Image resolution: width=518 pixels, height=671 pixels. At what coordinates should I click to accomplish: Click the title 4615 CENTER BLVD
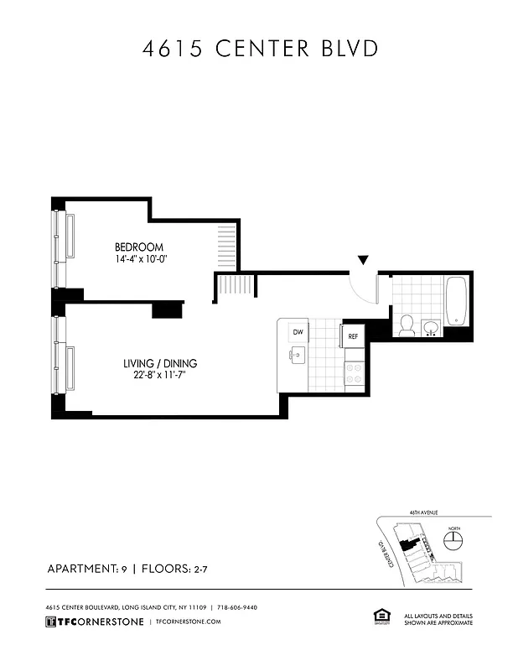click(259, 49)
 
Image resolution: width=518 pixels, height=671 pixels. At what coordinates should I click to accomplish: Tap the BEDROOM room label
click(138, 247)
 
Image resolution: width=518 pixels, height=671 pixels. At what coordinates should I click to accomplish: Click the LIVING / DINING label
click(159, 363)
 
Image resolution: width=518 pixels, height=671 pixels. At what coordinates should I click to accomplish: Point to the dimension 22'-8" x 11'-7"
click(159, 376)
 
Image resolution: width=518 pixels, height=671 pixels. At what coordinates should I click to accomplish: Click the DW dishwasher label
click(297, 333)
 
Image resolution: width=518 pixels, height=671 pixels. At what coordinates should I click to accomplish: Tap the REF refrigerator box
click(353, 336)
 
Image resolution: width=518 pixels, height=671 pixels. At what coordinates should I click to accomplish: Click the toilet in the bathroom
click(406, 325)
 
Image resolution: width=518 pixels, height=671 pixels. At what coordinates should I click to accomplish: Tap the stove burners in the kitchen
click(354, 372)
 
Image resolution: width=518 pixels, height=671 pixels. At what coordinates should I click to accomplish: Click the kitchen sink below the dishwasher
click(296, 356)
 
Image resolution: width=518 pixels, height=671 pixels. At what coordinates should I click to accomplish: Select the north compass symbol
click(453, 539)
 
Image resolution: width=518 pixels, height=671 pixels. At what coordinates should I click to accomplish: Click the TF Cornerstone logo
click(92, 622)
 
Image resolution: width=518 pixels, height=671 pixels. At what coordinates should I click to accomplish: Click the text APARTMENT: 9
click(86, 569)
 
